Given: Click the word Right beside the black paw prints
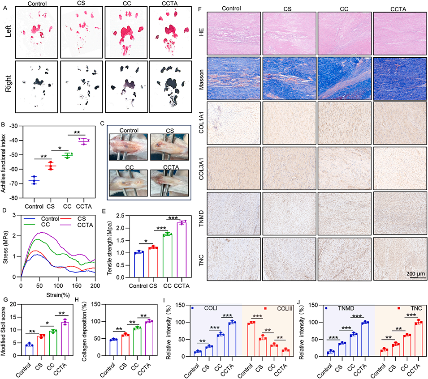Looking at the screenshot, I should (7, 85).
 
